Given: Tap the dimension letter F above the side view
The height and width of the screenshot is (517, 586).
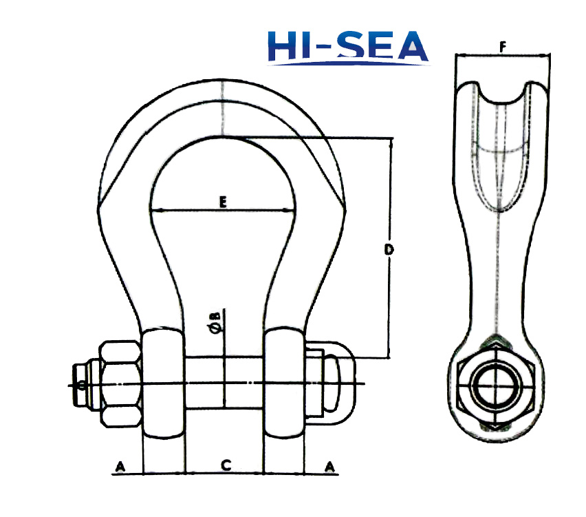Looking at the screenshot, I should click(503, 46).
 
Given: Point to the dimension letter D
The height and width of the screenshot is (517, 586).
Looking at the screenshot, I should click(389, 249).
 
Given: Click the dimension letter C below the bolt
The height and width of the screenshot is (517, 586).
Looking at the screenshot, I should click(224, 466).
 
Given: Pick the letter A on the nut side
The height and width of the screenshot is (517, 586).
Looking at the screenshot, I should click(121, 467).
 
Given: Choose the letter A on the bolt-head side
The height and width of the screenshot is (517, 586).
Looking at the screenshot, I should click(330, 467).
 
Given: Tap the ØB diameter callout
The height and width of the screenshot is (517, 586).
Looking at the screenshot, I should click(215, 322).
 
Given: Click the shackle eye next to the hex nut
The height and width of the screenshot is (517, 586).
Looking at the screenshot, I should click(162, 383).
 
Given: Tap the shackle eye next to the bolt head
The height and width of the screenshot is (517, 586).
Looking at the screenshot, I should click(283, 383).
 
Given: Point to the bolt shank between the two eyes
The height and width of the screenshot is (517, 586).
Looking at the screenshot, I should click(224, 383).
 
